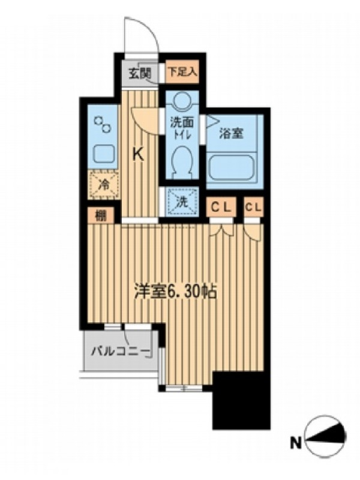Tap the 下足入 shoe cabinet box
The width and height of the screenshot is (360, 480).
[182, 72]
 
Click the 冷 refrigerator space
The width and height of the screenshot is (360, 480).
[104, 185]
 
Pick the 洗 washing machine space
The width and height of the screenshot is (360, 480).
[182, 202]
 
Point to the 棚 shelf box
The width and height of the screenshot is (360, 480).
[101, 216]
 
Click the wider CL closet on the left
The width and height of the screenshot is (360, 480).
[223, 208]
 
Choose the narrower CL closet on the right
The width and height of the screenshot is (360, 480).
[254, 208]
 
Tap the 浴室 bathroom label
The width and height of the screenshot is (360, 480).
[231, 133]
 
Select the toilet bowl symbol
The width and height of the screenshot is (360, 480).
[182, 161]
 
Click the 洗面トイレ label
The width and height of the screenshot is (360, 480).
[182, 128]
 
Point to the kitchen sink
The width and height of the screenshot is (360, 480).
[104, 154]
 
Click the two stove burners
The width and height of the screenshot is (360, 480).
[103, 125]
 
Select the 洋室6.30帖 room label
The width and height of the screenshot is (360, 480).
[176, 293]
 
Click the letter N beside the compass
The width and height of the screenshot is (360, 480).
[296, 443]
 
